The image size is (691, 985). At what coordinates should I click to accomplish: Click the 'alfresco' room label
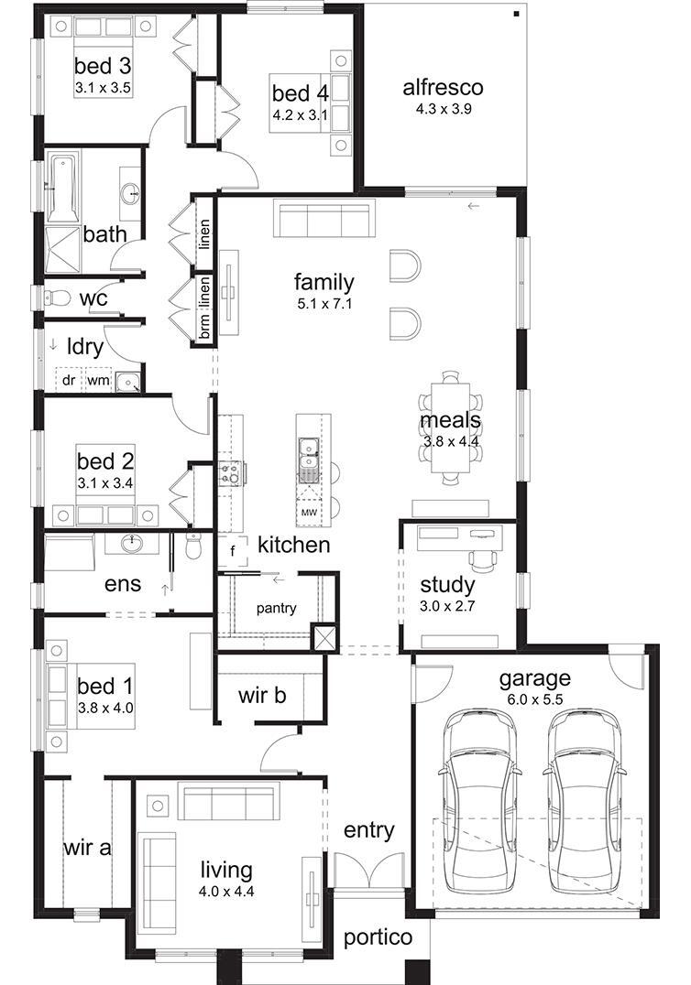[x=443, y=87]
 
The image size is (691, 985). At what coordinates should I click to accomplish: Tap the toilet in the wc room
[x=55, y=296]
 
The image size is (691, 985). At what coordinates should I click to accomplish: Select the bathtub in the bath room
[x=63, y=186]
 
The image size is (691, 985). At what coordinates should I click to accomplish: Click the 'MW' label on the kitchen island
[x=308, y=513]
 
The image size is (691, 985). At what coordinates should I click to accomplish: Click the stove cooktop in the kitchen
[x=230, y=473]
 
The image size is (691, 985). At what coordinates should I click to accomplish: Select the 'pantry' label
[x=276, y=608]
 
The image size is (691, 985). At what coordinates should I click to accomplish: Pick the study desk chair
[x=483, y=558]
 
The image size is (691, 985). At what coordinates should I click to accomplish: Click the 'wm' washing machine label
[x=98, y=380]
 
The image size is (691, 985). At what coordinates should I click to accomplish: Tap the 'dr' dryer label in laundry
[x=69, y=380]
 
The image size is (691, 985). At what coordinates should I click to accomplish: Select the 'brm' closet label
[x=205, y=325]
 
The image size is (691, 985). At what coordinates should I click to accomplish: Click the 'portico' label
[x=378, y=938]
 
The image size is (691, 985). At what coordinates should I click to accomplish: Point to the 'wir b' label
[x=262, y=695]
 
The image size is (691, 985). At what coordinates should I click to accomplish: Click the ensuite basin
[x=132, y=544]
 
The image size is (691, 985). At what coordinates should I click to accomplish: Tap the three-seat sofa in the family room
[x=324, y=219]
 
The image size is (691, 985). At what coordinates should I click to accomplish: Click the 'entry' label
[x=369, y=830]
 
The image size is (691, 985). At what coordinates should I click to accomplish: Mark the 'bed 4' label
[x=300, y=93]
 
